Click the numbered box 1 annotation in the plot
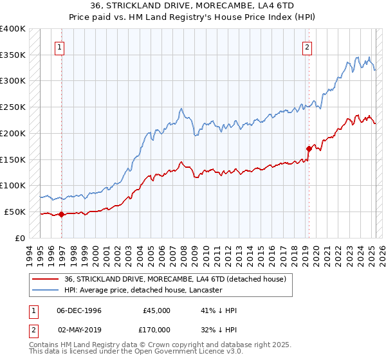59,46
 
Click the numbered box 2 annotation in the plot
308,46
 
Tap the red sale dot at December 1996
62,215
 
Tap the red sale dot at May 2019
309,149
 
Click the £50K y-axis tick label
15,212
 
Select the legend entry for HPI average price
143,290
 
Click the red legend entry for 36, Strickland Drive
179,279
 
